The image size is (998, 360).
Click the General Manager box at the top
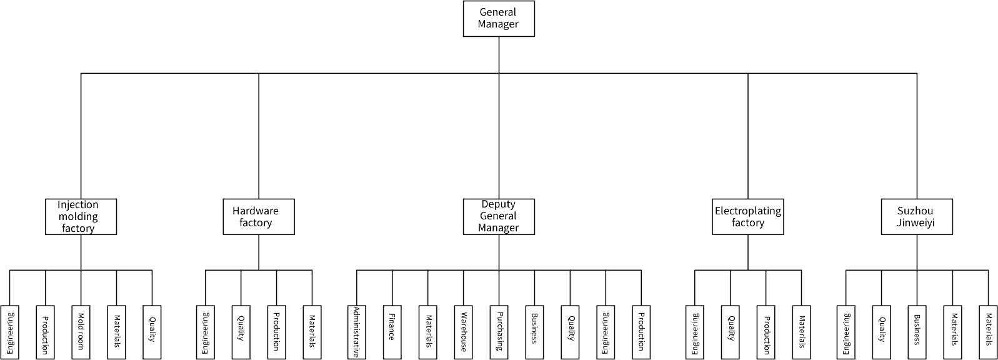click(x=499, y=19)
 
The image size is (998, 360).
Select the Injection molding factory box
click(x=81, y=216)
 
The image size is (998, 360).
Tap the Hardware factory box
click(x=259, y=216)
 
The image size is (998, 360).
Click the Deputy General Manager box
click(x=499, y=216)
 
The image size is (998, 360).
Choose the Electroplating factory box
click(x=747, y=216)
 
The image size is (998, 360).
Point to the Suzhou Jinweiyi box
click(x=917, y=216)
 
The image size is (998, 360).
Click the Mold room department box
click(x=81, y=332)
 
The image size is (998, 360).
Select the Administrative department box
click(x=356, y=332)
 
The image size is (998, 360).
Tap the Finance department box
click(x=392, y=332)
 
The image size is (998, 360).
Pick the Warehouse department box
click(x=463, y=332)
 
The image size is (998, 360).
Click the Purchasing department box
click(x=499, y=332)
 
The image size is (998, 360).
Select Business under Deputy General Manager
click(x=535, y=332)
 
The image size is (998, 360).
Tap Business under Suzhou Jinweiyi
click(x=917, y=332)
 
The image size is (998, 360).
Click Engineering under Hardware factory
click(x=206, y=332)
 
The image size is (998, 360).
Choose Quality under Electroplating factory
click(x=731, y=332)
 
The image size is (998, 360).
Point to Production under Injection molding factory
click(x=45, y=332)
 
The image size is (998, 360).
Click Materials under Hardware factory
click(x=312, y=332)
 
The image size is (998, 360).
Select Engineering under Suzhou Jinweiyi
click(x=846, y=332)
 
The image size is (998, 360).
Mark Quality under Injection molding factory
click(x=152, y=332)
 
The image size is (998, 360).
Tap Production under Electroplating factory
click(x=766, y=332)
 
